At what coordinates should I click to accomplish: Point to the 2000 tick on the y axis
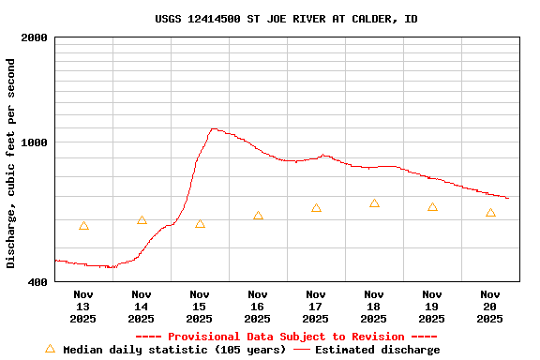pos(35,37)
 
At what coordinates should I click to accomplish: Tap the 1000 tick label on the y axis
pos(35,142)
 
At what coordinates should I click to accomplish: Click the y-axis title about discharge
pos(11,163)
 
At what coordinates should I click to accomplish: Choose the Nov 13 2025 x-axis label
pos(83,307)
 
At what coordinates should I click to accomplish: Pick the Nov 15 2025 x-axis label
pos(200,307)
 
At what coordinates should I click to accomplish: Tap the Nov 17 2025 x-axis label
pos(316,307)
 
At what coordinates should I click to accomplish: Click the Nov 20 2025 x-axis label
pos(490,307)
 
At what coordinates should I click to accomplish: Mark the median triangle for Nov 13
pos(83,226)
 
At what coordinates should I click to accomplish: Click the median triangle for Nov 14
pos(142,220)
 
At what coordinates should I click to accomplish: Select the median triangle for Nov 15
pos(200,224)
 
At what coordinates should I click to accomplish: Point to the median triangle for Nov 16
pos(258,216)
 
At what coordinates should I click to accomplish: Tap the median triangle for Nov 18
pos(374,203)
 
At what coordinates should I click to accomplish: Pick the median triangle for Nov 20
pos(490,213)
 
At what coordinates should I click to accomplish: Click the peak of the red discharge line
pos(214,128)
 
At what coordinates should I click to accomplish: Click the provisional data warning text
pos(286,337)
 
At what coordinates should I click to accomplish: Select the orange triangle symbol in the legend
pos(50,349)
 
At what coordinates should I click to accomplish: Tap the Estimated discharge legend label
pos(377,350)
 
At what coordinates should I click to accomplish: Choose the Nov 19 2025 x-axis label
pos(432,307)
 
